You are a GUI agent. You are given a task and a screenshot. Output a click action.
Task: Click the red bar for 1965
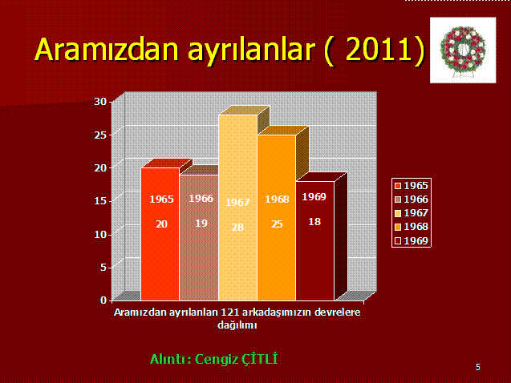tap(160, 234)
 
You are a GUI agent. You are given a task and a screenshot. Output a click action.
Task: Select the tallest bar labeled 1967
tap(238, 208)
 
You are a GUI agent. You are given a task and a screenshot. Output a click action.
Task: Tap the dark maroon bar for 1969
tap(315, 241)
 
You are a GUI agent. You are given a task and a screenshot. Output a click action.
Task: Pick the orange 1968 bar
tap(277, 217)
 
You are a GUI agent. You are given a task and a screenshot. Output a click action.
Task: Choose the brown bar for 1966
tap(199, 238)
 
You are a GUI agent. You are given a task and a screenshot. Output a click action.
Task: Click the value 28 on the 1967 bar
tap(237, 227)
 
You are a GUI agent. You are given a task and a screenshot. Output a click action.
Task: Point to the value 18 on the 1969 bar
tap(314, 222)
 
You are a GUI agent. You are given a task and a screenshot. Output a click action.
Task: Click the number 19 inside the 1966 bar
tap(201, 224)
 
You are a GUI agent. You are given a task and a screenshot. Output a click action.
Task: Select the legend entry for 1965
tap(412, 185)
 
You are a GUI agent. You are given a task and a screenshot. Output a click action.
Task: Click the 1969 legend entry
tap(412, 241)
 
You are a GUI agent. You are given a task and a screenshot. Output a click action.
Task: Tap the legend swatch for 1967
tap(398, 213)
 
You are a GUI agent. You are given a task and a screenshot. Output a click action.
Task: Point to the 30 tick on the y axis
tap(100, 102)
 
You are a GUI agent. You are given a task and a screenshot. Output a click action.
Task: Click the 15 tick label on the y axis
tap(100, 201)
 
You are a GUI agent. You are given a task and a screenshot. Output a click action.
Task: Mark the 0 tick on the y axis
tap(103, 300)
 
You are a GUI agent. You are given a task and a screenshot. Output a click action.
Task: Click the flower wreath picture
tap(463, 50)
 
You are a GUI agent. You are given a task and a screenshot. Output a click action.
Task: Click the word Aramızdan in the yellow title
tap(107, 50)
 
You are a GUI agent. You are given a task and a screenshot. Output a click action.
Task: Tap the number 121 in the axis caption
tap(229, 312)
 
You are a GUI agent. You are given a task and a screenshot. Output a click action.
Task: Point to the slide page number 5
tap(478, 367)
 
